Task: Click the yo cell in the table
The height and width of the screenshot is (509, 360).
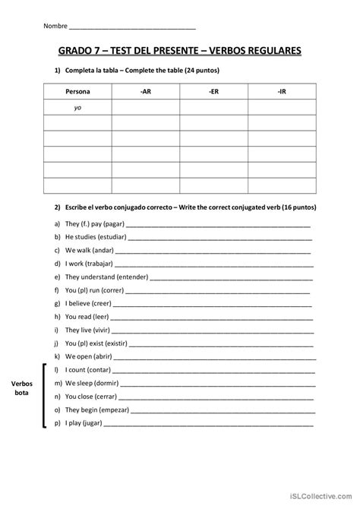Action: (x=77, y=108)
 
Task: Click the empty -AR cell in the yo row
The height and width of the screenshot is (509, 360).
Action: (x=145, y=108)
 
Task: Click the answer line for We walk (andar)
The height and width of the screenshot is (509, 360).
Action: (x=213, y=250)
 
